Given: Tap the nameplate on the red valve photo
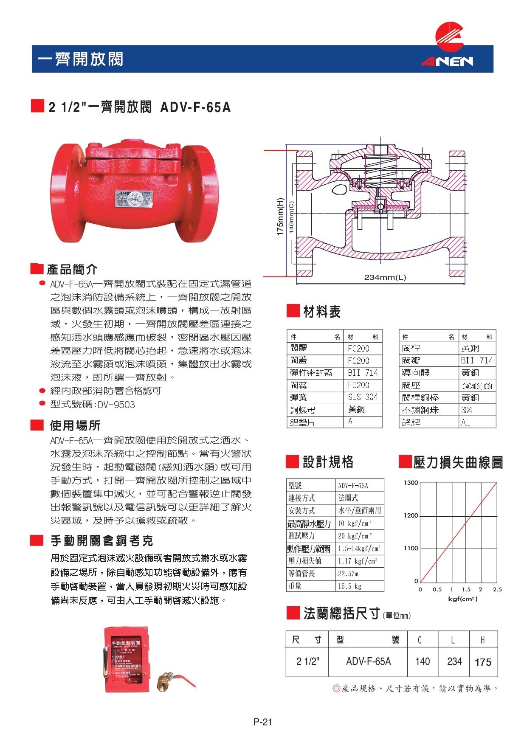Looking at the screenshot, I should [x=134, y=199].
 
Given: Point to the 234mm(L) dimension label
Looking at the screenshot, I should [x=385, y=278].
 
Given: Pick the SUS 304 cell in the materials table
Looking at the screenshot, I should [x=363, y=397].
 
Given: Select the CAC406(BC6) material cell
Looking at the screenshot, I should [x=477, y=386].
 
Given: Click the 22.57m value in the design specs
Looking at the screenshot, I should [x=348, y=574].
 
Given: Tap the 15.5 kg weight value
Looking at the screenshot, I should [x=349, y=586].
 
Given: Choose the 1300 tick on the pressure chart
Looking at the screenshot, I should [x=411, y=483].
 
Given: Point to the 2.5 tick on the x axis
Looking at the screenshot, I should [x=497, y=589].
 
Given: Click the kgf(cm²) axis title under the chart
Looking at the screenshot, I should [x=462, y=599].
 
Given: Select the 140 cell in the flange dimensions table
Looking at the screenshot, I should [x=423, y=661].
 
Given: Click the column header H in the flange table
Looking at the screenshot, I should [x=483, y=640].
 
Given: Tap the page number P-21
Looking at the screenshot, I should [x=262, y=722].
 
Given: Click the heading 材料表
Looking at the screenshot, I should [x=321, y=312].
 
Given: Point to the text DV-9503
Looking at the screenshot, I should [x=116, y=405].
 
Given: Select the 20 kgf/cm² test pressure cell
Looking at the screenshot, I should [x=355, y=536].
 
